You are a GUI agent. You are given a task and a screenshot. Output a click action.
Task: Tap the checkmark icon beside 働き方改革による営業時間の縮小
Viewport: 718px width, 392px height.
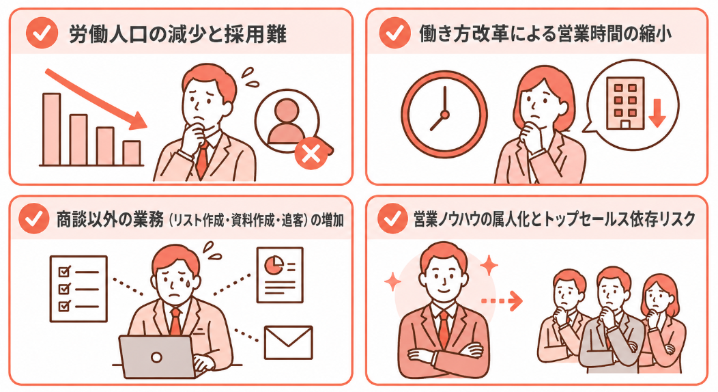394,34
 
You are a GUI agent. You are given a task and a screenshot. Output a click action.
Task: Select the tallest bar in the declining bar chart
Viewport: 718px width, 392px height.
51,129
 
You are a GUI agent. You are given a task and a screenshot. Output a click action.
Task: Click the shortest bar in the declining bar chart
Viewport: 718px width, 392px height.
132,152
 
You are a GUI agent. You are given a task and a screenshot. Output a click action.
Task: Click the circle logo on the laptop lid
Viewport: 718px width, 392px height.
156,357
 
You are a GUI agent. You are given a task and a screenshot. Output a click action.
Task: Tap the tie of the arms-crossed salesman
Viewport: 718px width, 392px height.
444,327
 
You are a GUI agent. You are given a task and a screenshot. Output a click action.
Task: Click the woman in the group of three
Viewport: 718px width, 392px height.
657,321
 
